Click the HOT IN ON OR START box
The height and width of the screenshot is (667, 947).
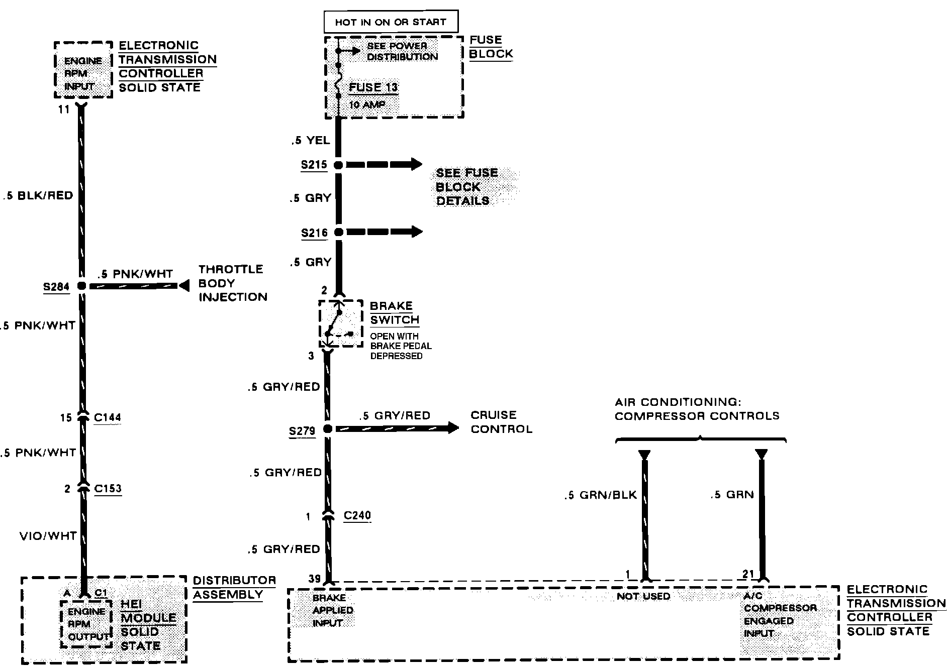[390, 22]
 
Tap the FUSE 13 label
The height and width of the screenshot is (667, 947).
[373, 87]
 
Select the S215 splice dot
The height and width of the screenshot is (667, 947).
[338, 165]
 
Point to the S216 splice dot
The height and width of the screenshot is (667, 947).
[338, 232]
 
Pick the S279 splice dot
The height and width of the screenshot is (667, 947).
[327, 429]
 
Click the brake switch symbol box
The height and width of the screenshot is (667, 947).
[340, 323]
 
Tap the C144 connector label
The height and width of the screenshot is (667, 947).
[107, 417]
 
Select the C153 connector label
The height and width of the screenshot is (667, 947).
[108, 489]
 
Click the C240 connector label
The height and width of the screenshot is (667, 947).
[357, 515]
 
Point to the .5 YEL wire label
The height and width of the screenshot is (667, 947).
[311, 141]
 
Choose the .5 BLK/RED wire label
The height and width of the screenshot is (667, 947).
[39, 195]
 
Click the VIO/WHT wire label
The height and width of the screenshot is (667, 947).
[48, 536]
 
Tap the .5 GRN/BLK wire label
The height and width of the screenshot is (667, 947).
[600, 495]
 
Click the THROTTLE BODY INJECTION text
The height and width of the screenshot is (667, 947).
[232, 283]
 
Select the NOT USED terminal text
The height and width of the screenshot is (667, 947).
[643, 596]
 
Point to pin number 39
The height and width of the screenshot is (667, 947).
[315, 579]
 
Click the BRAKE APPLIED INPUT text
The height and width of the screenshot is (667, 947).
[332, 610]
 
